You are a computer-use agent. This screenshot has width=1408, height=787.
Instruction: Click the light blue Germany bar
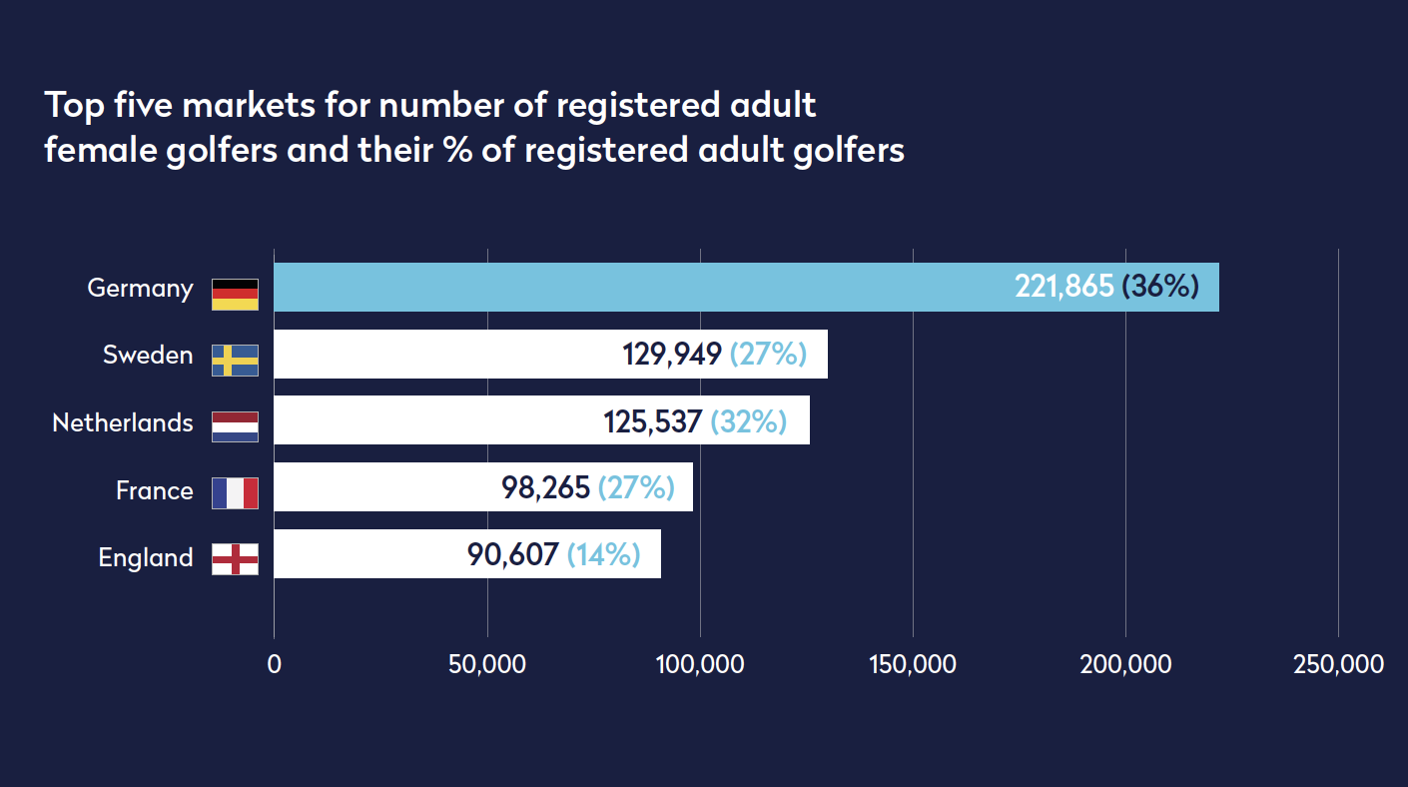click(639, 288)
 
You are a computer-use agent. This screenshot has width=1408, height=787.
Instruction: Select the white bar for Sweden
click(449, 355)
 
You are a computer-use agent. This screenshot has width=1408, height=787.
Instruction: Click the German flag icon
click(235, 295)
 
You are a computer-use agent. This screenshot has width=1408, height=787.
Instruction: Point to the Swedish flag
click(235, 361)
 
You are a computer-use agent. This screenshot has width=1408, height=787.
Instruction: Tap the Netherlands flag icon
click(235, 426)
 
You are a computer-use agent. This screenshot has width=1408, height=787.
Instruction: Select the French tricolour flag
click(235, 493)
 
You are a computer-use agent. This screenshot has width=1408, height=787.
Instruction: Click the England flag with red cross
click(235, 559)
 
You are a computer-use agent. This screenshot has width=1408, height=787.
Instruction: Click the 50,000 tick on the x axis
click(487, 664)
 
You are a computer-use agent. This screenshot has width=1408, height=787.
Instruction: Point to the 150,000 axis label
click(913, 664)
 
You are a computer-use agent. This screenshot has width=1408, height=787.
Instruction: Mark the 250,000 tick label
click(1338, 664)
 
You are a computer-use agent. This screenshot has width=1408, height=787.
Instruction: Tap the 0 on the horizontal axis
click(275, 664)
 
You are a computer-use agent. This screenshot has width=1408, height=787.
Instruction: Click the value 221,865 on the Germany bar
click(1063, 288)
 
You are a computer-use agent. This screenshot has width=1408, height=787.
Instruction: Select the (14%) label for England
click(603, 554)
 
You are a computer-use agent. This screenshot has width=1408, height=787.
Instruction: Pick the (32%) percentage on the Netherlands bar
click(748, 421)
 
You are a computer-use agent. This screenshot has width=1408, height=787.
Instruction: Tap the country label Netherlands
click(123, 422)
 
